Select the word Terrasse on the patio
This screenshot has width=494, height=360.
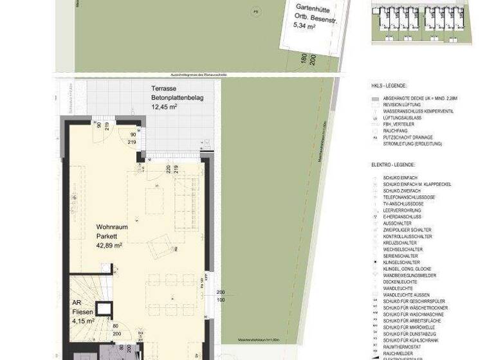pos(164,89)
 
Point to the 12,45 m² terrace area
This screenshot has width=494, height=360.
pos(164,107)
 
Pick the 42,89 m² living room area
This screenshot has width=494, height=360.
pos(109,246)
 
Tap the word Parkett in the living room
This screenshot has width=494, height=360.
pos(106,237)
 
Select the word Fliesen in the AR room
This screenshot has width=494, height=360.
pos(82,311)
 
